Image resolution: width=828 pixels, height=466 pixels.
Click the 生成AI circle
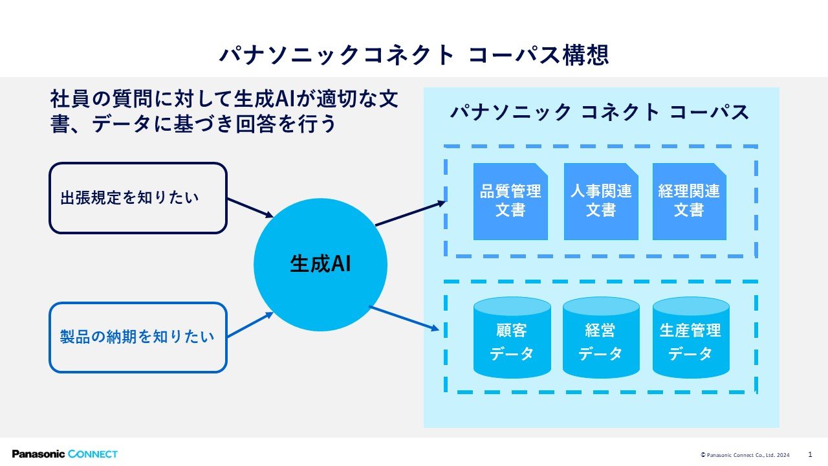point(320,265)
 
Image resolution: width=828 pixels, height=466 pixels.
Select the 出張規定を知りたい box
point(138,198)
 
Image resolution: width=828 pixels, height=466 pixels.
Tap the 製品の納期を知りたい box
point(138,337)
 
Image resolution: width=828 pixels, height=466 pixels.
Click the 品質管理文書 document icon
point(510,201)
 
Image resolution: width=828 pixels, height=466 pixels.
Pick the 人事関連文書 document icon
point(601,201)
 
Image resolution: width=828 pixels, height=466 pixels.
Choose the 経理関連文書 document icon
point(690,201)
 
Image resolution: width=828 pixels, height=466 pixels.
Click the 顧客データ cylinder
point(512,337)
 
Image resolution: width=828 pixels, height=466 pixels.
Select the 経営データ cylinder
point(601,337)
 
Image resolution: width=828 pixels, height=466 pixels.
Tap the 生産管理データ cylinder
point(691,337)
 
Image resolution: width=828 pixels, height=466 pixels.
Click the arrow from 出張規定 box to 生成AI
point(250,208)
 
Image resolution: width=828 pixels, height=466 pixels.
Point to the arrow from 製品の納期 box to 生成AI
point(250,325)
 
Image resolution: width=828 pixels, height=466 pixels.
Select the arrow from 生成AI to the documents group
point(411,213)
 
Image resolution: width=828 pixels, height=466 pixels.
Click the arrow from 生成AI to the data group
point(404,318)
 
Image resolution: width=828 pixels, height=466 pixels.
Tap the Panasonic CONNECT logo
point(65,454)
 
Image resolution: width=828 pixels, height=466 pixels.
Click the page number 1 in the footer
point(811,454)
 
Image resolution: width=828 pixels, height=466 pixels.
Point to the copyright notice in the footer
point(745,455)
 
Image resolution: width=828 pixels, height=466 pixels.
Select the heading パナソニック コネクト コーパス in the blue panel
point(600,112)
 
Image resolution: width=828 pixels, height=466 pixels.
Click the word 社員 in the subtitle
point(69,99)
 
